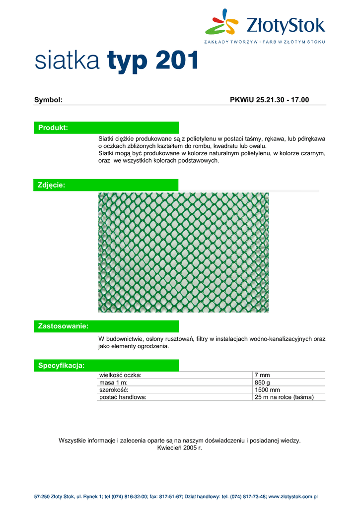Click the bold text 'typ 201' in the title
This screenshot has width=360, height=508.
coord(153,61)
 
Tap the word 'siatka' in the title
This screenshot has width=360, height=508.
coord(68,61)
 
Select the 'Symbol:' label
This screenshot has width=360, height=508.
coord(48,100)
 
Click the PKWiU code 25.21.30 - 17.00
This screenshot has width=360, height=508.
coord(270,100)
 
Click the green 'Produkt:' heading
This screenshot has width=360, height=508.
coord(53,128)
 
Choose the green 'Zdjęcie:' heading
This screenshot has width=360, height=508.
coord(52,185)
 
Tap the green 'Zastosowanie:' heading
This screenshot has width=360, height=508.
coord(63,326)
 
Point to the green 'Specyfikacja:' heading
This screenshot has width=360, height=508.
coord(61,366)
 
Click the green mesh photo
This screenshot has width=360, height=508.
coord(183,253)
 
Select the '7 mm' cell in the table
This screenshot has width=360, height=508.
coord(262,375)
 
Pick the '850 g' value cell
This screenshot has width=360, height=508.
coord(262,382)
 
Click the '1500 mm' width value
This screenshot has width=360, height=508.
coord(267,390)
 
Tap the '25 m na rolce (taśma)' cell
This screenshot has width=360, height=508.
coord(284,397)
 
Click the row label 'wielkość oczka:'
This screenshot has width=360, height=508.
coord(120,375)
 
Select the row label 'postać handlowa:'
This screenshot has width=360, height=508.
coord(123,397)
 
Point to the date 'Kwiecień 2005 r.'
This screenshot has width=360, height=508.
coord(180,448)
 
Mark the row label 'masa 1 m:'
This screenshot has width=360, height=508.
coord(114,382)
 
